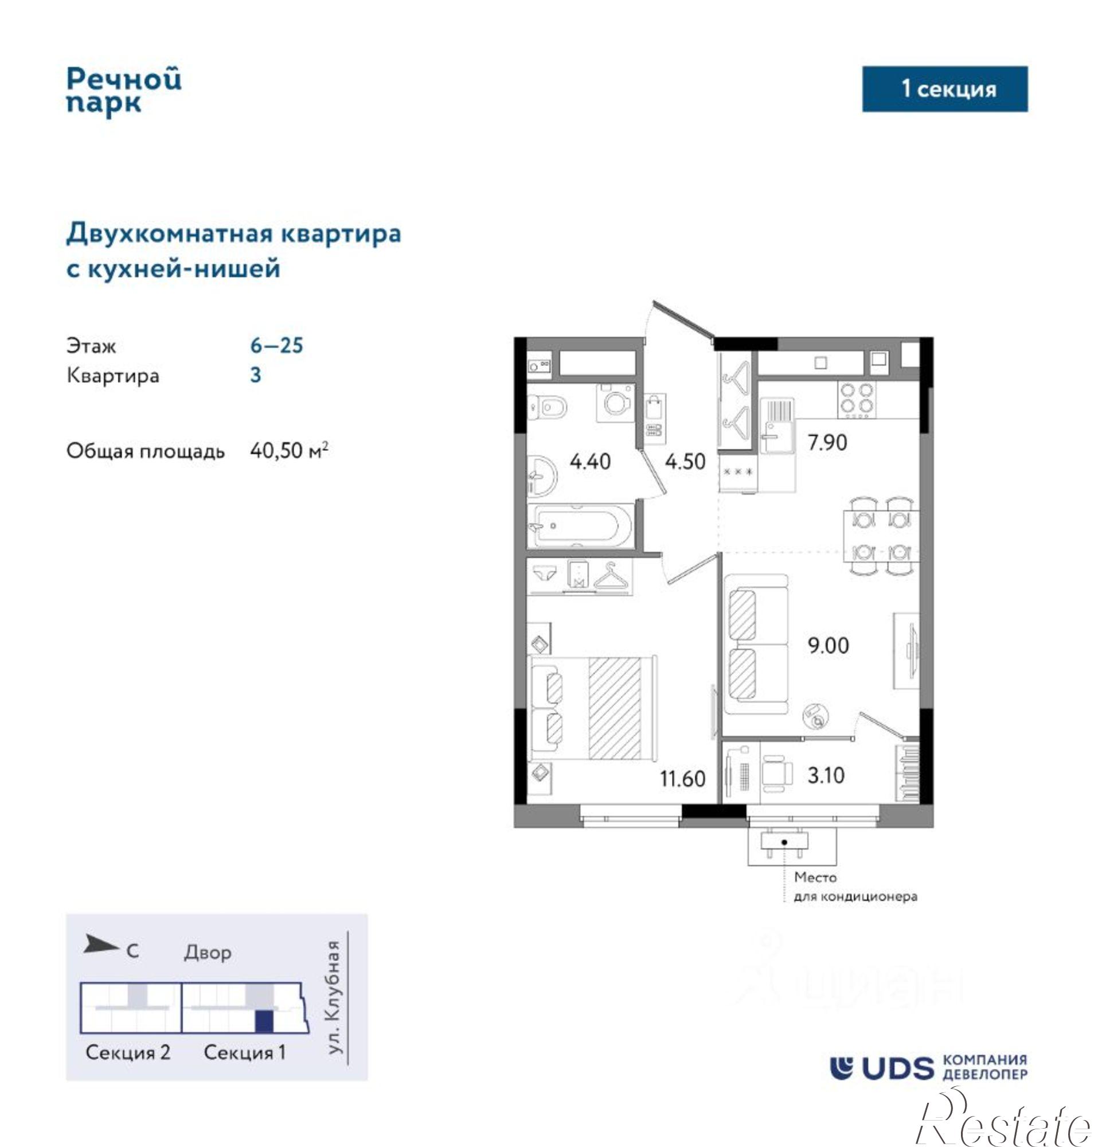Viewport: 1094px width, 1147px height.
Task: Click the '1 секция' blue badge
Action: click(x=944, y=89)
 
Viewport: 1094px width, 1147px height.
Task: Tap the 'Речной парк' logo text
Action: click(x=124, y=91)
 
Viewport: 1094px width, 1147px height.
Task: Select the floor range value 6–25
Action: click(x=276, y=345)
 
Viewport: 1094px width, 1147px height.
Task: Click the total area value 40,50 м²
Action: click(x=288, y=450)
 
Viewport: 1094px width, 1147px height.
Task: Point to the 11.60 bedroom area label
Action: click(x=682, y=778)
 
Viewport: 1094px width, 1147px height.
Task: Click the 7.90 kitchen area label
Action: click(x=827, y=442)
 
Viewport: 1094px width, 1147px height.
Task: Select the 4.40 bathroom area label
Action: click(x=590, y=461)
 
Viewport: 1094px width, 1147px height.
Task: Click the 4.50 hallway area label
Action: click(x=685, y=461)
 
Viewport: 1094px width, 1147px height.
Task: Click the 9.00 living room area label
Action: click(x=828, y=645)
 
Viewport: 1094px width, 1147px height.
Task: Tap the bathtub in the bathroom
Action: click(x=580, y=526)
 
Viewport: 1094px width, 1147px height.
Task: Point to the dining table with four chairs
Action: click(x=881, y=535)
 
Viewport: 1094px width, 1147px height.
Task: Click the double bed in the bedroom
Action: click(x=592, y=708)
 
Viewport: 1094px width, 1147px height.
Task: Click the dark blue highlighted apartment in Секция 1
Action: click(x=264, y=1021)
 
